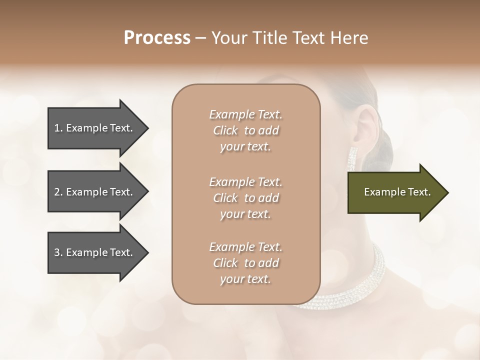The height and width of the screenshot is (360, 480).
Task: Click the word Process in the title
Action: pyautogui.click(x=157, y=38)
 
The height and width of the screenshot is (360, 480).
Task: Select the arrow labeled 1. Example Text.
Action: pyautogui.click(x=95, y=128)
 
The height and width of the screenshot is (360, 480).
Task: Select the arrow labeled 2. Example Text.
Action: pyautogui.click(x=95, y=192)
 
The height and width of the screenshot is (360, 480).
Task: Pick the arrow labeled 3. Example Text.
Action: pyautogui.click(x=95, y=252)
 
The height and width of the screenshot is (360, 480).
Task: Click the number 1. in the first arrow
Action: pyautogui.click(x=58, y=128)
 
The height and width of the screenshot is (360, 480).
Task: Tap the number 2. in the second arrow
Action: pyautogui.click(x=58, y=192)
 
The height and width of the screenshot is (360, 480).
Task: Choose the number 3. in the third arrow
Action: pyautogui.click(x=58, y=252)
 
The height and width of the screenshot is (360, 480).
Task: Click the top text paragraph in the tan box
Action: pyautogui.click(x=245, y=130)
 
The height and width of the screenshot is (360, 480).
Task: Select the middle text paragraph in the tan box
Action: pyautogui.click(x=245, y=198)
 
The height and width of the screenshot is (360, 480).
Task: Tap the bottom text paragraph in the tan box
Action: pyautogui.click(x=245, y=263)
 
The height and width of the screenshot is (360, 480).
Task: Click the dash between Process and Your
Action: pyautogui.click(x=201, y=38)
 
